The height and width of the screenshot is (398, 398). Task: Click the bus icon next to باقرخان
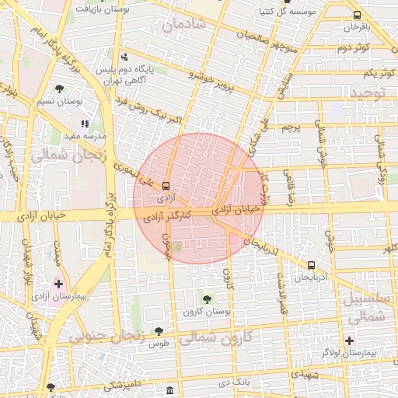click(357, 15)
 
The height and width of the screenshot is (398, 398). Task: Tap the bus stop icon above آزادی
click(166, 186)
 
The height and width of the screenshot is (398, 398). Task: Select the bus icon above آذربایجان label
click(311, 264)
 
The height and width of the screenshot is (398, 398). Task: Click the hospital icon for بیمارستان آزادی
click(58, 285)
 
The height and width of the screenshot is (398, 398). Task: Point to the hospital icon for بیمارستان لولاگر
click(349, 340)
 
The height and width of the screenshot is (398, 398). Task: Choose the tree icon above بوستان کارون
click(207, 299)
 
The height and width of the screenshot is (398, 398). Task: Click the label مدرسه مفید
click(61, 135)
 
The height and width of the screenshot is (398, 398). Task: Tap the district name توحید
click(368, 94)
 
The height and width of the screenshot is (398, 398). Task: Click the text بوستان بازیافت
click(106, 9)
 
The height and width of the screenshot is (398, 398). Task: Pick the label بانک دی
click(233, 382)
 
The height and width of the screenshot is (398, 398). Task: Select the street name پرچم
click(289, 127)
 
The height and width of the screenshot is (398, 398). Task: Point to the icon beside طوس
click(159, 331)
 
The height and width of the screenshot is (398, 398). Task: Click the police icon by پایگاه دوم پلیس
click(125, 57)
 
